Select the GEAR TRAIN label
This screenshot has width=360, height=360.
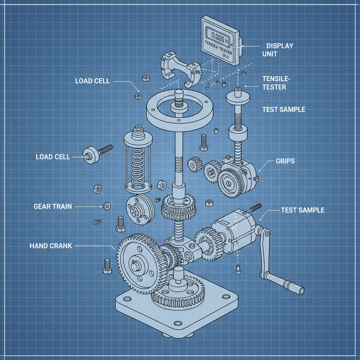[x=53, y=206]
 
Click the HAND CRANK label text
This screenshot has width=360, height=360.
[x=51, y=246]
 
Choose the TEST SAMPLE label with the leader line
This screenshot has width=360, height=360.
[x=302, y=210]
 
